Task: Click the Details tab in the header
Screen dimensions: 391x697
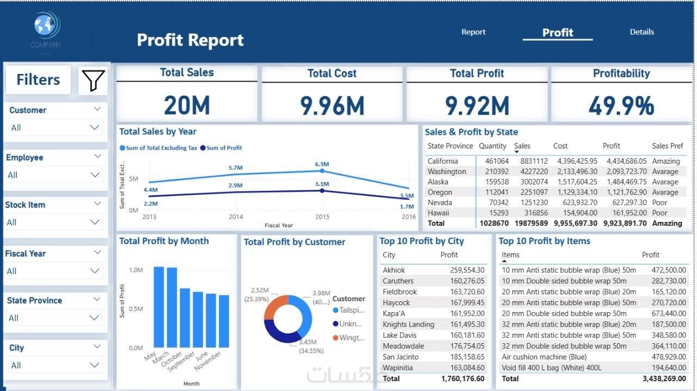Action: tap(641, 32)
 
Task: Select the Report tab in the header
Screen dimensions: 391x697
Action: tap(473, 32)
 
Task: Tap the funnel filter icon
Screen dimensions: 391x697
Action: tap(93, 80)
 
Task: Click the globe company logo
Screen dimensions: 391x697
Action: tap(46, 26)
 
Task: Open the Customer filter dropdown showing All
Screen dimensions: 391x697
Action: tap(54, 128)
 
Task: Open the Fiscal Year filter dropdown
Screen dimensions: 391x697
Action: tap(54, 271)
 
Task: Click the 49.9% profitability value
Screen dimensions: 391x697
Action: tap(621, 105)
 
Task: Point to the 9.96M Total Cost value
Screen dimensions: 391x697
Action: tap(332, 105)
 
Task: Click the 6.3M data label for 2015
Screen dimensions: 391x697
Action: tap(322, 164)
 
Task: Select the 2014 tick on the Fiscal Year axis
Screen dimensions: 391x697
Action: tap(236, 216)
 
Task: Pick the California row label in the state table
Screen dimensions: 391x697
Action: tap(443, 161)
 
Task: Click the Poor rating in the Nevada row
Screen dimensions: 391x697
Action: tap(659, 202)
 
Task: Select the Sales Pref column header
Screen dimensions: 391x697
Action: tap(667, 146)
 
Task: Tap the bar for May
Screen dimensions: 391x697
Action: tap(159, 307)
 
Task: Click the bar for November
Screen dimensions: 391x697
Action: tap(224, 321)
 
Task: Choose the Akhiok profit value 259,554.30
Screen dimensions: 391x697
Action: tap(467, 270)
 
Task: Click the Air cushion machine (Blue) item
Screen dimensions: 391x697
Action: tap(544, 357)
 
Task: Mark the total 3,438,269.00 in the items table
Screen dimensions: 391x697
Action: tap(664, 378)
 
